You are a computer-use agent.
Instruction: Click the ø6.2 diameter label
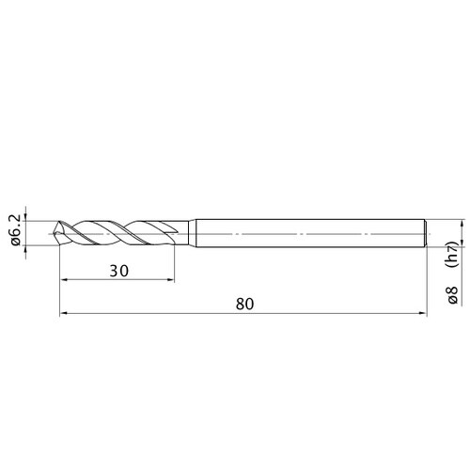pyautogui.click(x=16, y=229)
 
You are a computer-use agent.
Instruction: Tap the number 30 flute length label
pyautogui.click(x=119, y=271)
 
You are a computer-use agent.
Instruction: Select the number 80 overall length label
pyautogui.click(x=244, y=304)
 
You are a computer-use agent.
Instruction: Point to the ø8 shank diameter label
pyautogui.click(x=453, y=295)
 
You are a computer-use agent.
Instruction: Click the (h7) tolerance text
pyautogui.click(x=453, y=254)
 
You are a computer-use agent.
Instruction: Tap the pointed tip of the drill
pyautogui.click(x=55, y=233)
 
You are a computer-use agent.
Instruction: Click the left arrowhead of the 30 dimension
pyautogui.click(x=64, y=280)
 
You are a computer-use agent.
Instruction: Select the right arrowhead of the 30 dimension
pyautogui.click(x=170, y=280)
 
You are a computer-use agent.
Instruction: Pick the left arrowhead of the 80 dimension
pyautogui.click(x=64, y=313)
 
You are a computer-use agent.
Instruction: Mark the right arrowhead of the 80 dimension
pyautogui.click(x=423, y=313)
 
